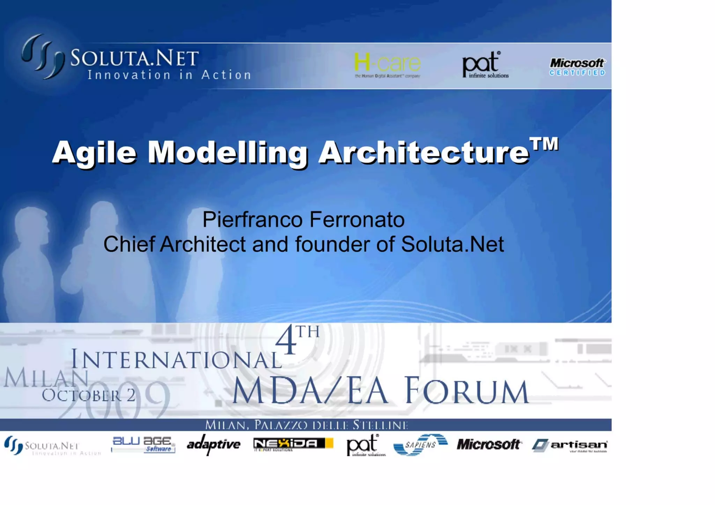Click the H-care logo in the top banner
tap(387, 65)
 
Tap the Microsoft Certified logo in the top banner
tap(577, 67)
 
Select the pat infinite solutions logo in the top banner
tap(485, 65)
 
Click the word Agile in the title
tap(94, 153)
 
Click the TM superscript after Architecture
tap(544, 144)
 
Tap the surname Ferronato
tap(357, 220)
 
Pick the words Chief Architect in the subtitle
tap(174, 244)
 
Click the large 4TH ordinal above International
tap(297, 340)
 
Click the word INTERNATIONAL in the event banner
tap(176, 359)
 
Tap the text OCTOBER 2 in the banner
tap(89, 395)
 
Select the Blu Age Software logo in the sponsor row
tap(143, 445)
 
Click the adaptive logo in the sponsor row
tap(213, 444)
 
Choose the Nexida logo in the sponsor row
tap(293, 444)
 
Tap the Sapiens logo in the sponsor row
tap(420, 445)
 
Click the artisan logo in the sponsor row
tap(570, 445)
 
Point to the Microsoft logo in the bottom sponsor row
tap(489, 444)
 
